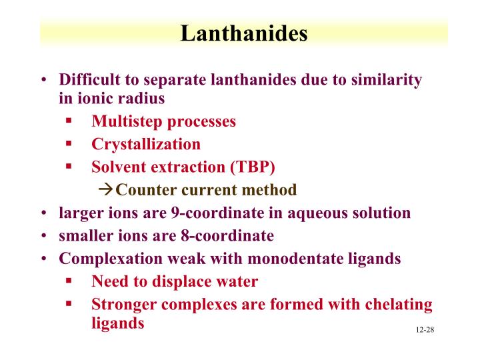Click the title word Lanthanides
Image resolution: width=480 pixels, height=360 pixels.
coord(243,33)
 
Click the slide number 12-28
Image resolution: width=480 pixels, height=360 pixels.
coord(424,331)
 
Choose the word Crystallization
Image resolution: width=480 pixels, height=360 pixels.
coord(146,144)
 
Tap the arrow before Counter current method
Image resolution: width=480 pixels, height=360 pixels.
coord(106,190)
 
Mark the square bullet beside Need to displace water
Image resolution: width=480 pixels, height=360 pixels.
coord(69,281)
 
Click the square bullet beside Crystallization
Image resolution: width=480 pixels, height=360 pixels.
coord(69,143)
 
